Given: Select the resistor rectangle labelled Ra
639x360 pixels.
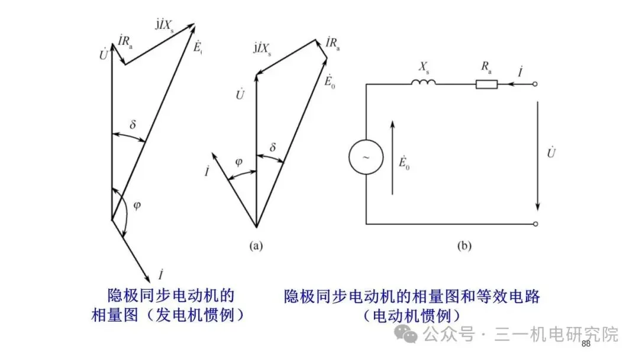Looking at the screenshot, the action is (486, 84).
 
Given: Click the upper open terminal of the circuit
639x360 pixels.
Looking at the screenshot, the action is (536, 84).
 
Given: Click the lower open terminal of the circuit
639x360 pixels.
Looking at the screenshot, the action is (536, 224).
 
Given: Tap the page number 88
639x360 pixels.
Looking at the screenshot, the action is (586, 344).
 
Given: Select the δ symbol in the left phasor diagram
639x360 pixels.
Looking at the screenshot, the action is (133, 125).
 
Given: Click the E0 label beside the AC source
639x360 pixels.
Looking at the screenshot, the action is (405, 162).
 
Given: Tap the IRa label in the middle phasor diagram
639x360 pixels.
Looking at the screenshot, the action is (333, 44).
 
